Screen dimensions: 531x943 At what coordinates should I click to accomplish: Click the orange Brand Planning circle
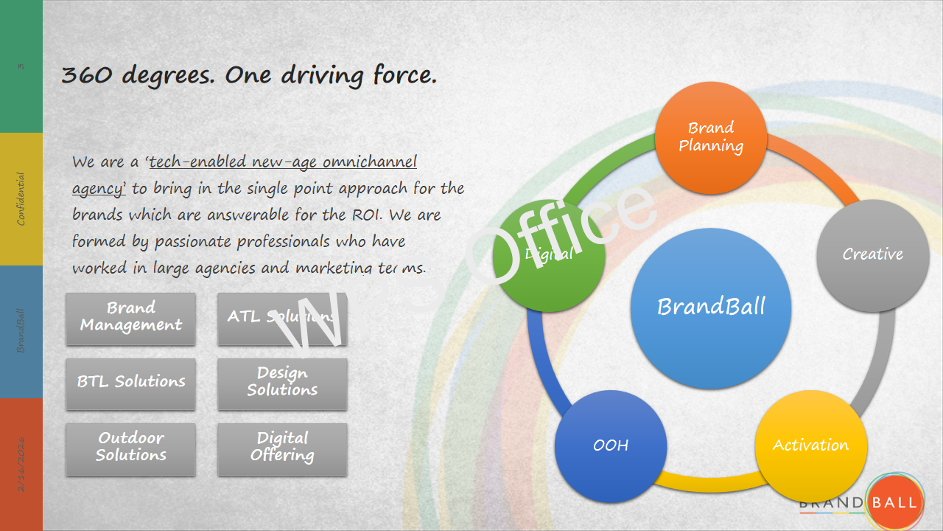711,137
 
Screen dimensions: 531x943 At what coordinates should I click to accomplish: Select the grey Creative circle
873,254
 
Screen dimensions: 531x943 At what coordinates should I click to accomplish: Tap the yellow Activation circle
810,445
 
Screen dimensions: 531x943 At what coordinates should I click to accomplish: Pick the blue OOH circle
611,446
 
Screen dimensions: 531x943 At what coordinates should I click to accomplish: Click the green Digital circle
549,254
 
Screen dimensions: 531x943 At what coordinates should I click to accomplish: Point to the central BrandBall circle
711,308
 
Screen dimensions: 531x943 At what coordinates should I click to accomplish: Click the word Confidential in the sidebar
21,199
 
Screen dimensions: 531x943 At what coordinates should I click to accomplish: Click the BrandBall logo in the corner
893,502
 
